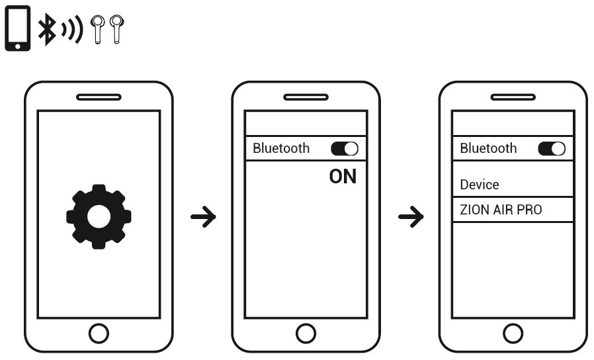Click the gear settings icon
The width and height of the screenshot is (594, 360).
point(99,216)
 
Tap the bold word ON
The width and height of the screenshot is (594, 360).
point(343,177)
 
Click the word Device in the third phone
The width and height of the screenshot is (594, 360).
point(480,185)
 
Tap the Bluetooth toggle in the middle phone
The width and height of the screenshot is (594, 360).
point(344,149)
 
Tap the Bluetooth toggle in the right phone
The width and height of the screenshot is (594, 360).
point(552,149)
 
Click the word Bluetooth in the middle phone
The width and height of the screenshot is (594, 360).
point(281,148)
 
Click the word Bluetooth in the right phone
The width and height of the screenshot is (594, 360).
point(488,148)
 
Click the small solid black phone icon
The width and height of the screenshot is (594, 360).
point(19,29)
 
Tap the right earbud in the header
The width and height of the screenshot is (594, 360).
point(117,29)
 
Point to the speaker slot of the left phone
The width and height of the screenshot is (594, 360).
point(99,97)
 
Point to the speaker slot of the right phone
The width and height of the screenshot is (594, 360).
point(513,97)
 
